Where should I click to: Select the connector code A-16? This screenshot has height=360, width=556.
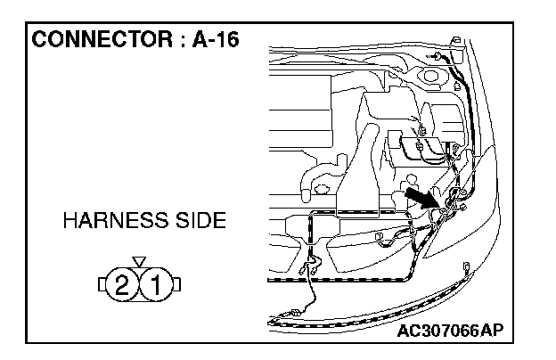pos(214,41)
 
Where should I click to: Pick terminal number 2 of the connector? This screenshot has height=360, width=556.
pos(123,285)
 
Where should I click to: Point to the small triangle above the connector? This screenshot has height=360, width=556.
pos(138,260)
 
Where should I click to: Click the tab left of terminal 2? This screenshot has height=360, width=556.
pos(102,285)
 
